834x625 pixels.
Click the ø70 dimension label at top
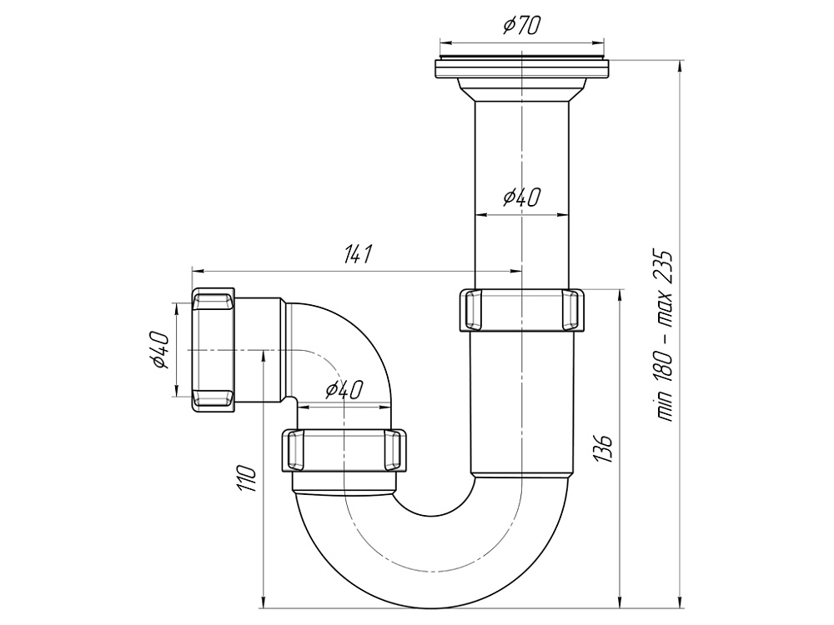(522, 26)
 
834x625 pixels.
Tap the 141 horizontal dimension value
(357, 256)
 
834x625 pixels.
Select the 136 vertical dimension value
(605, 448)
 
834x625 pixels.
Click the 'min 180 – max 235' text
(665, 333)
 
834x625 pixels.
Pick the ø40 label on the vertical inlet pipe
(522, 198)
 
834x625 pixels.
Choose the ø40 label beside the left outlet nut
(161, 350)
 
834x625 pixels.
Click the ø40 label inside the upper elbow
(343, 390)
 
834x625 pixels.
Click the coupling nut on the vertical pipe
(522, 309)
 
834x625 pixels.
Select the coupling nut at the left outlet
(214, 350)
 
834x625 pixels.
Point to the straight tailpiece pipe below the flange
(522, 150)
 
